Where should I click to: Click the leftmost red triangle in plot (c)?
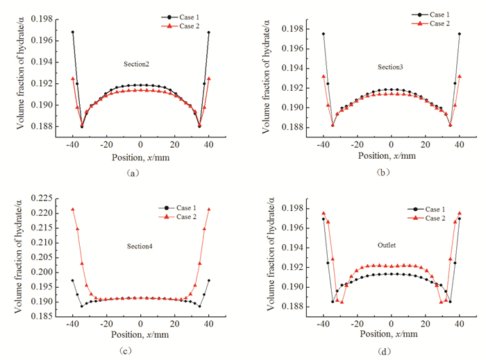[x=72, y=209]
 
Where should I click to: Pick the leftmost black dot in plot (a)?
[x=72, y=32]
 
